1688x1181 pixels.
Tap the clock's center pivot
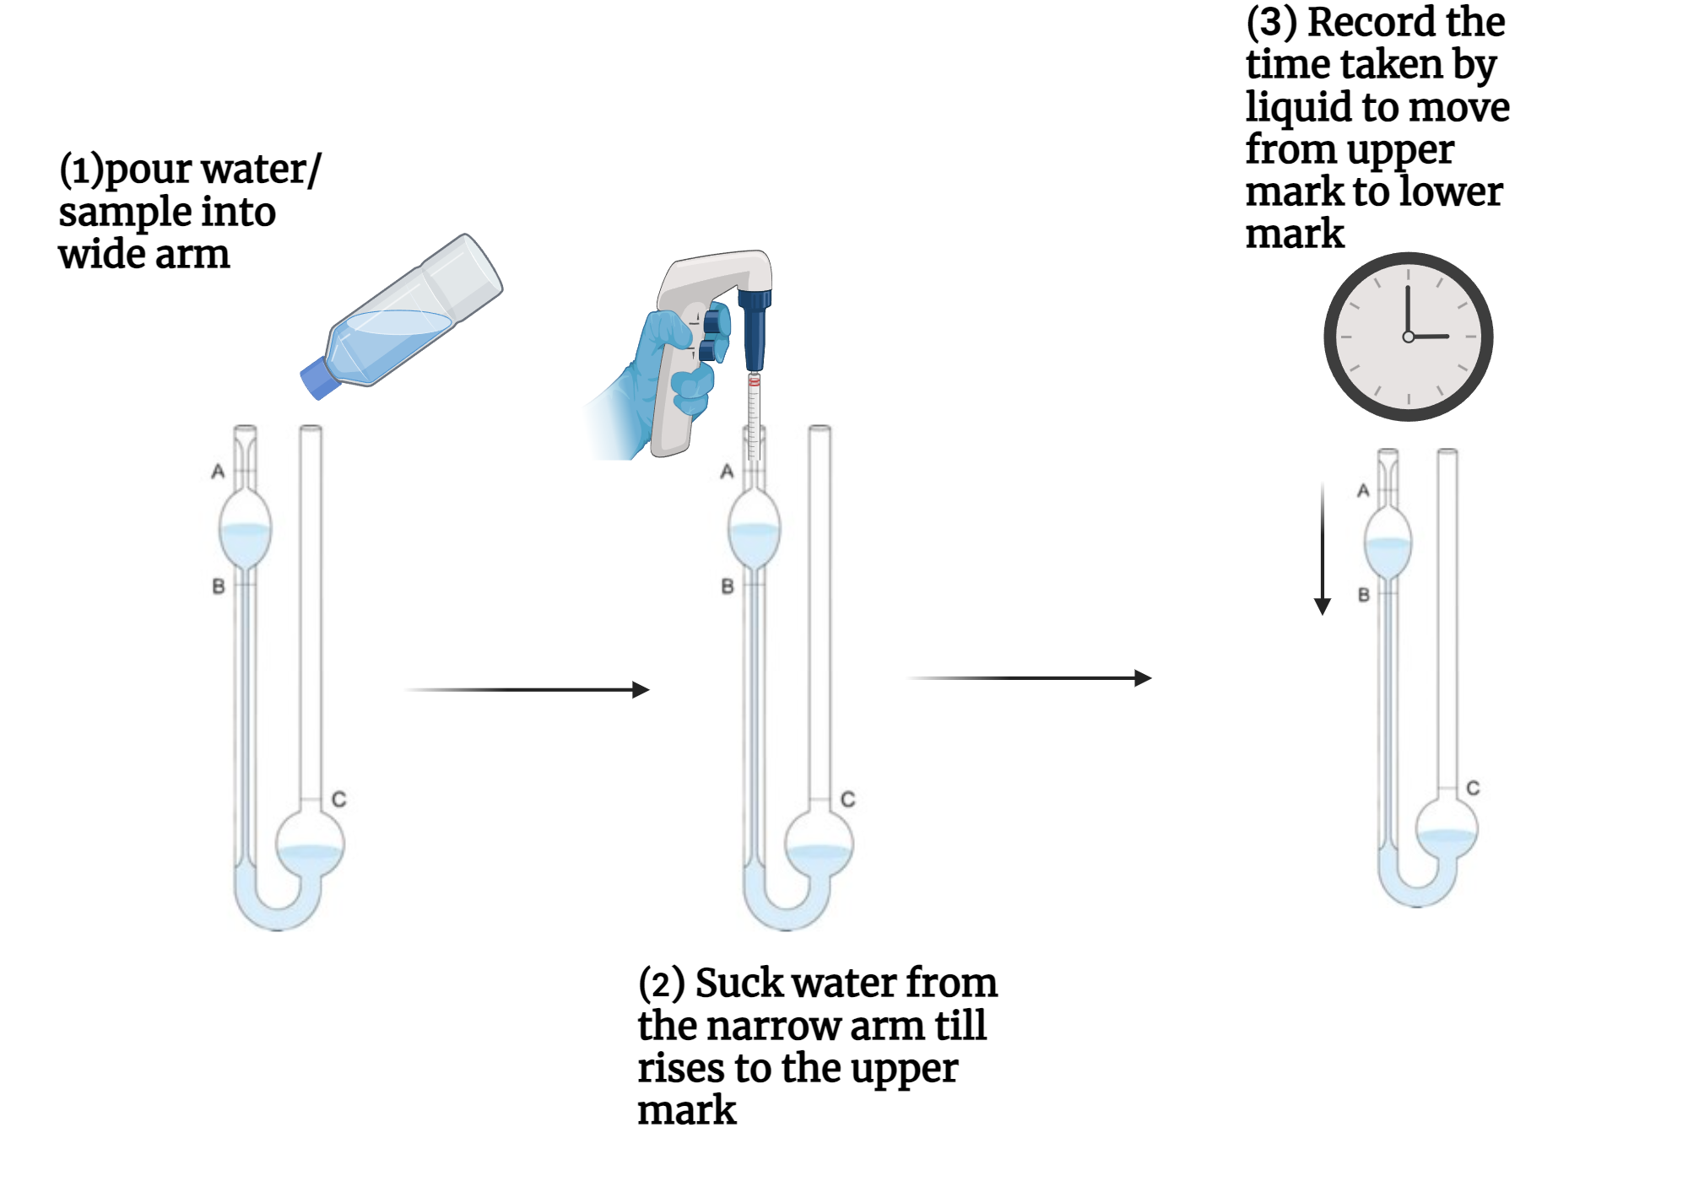(x=1408, y=337)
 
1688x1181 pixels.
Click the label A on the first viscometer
(x=218, y=472)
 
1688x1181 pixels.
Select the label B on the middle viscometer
(x=728, y=586)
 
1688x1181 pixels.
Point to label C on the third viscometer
(x=1473, y=788)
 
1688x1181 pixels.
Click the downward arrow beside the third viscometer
(x=1323, y=548)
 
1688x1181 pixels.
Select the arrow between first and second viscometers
(x=527, y=690)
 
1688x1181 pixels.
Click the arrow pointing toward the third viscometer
(x=1030, y=678)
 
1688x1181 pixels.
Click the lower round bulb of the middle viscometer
(x=819, y=844)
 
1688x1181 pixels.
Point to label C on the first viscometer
(x=338, y=799)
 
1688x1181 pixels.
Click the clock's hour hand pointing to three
(x=1431, y=337)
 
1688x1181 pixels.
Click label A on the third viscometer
(x=1362, y=490)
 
